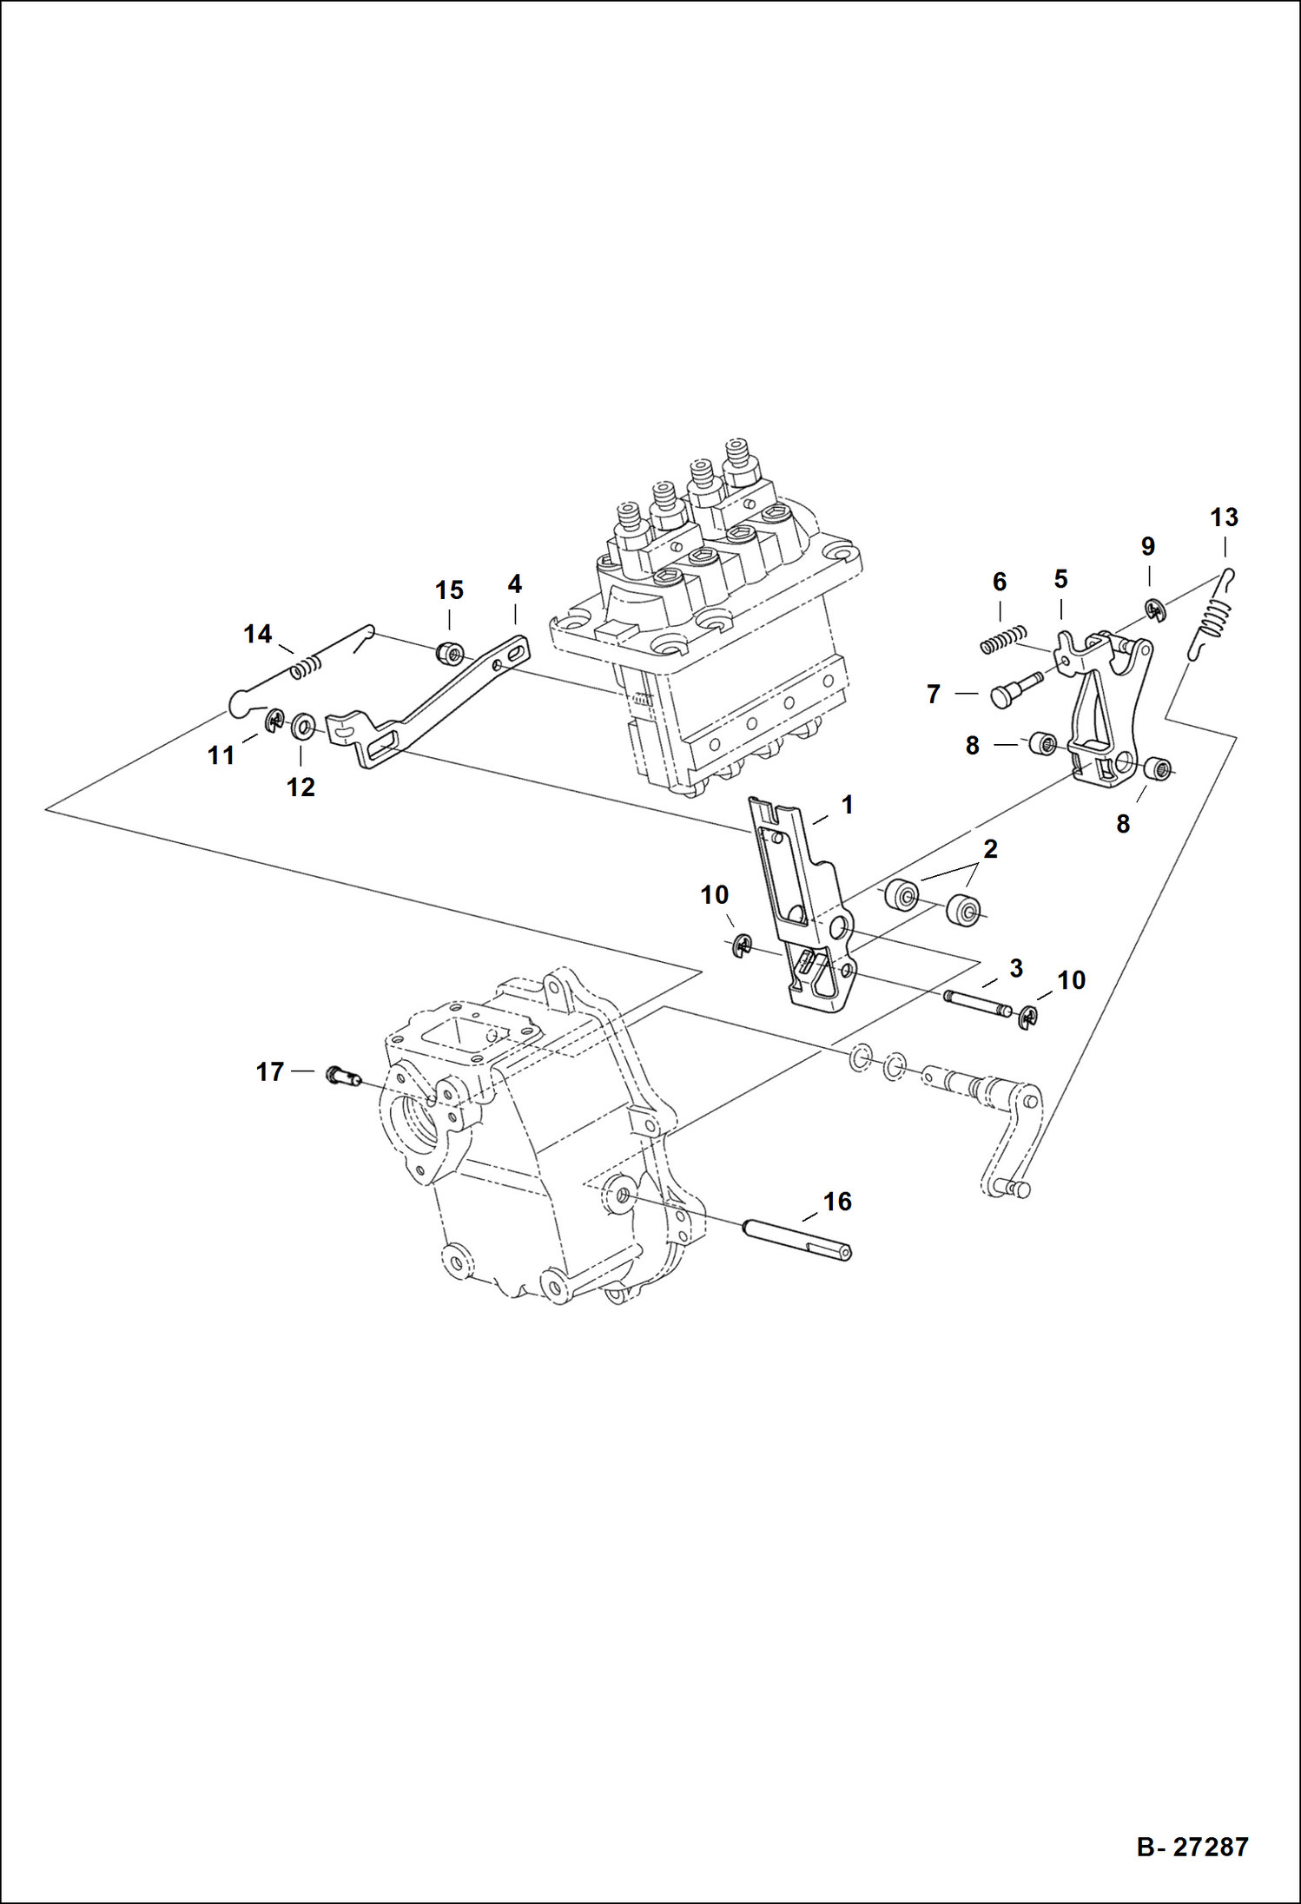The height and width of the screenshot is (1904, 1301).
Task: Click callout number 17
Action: pos(269,1072)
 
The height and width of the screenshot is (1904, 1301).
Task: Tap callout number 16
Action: pos(837,1202)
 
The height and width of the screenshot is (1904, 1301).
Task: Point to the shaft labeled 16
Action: pos(797,1239)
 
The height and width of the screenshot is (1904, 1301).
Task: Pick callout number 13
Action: pos(1224,518)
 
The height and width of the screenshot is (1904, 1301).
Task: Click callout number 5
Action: pos(1060,579)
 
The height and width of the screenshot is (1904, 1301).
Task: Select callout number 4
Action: pos(514,584)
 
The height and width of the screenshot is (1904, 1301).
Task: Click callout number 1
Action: pos(847,805)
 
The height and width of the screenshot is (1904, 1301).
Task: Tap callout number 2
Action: pos(989,849)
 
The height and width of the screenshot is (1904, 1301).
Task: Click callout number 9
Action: pos(1147,547)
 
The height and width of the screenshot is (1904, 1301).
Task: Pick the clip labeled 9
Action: pos(1154,612)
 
